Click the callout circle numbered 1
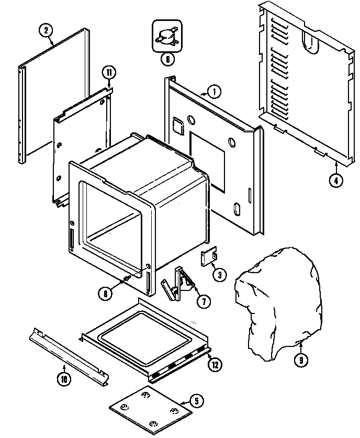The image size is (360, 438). pos(214,92)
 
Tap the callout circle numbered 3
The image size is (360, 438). pos(219,274)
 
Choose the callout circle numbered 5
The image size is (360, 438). pos(196,402)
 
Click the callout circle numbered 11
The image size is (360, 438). pos(108,72)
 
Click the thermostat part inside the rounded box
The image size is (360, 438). pos(165,36)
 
